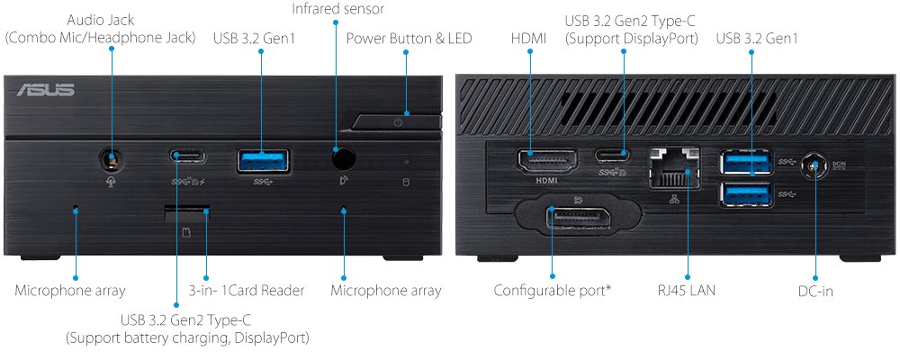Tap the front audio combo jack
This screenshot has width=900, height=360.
tap(112, 160)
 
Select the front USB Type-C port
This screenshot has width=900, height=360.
tap(187, 157)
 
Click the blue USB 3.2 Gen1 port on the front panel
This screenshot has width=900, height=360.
tap(263, 159)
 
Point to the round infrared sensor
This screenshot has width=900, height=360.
tap(342, 158)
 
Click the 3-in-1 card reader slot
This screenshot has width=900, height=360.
tap(187, 212)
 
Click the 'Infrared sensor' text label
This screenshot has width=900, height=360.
tap(337, 9)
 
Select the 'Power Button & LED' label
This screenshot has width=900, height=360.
tap(409, 38)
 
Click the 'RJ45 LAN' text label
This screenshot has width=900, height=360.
tap(688, 291)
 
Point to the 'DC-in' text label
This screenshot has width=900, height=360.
tap(814, 291)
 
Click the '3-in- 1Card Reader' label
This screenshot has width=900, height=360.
tap(247, 291)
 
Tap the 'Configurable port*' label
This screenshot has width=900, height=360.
tap(552, 291)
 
